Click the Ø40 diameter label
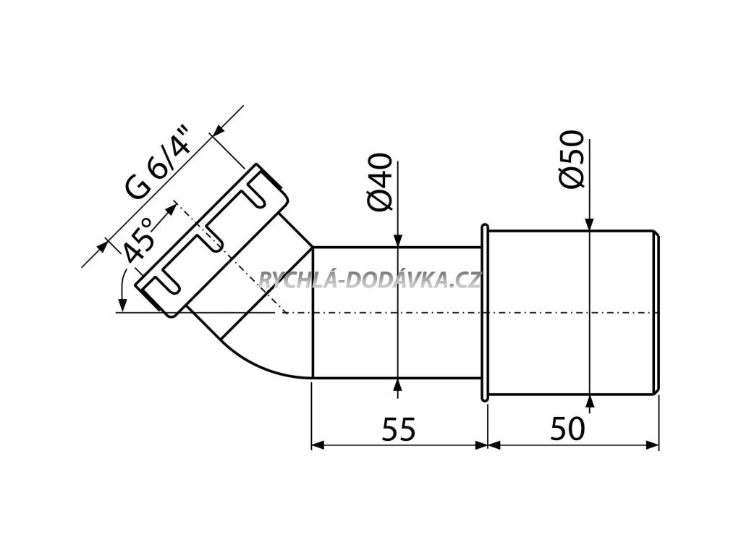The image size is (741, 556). (383, 182)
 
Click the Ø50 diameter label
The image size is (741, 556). (573, 159)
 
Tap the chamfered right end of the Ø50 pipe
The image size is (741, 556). (656, 313)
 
